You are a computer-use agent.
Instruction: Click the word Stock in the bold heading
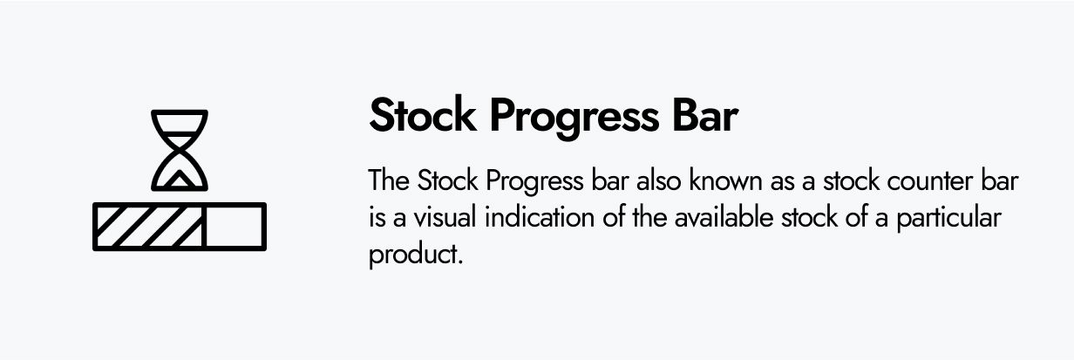(423, 115)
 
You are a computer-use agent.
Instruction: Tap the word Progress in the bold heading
(574, 119)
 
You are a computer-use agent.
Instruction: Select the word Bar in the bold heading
(704, 115)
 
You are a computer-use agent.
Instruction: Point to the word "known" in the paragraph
(726, 180)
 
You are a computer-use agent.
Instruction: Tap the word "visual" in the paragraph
(445, 217)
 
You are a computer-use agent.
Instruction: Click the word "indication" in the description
(540, 217)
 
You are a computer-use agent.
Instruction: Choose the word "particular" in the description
(948, 219)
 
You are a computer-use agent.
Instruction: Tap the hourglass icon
(180, 151)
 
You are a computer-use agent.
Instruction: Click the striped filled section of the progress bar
(149, 227)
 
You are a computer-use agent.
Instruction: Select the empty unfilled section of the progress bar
(235, 227)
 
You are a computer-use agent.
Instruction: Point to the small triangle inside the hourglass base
(180, 180)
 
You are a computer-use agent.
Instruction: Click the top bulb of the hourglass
(180, 125)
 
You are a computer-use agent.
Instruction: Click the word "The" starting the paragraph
(389, 180)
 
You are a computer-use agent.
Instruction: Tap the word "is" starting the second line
(377, 218)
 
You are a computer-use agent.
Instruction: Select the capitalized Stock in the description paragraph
(447, 180)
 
